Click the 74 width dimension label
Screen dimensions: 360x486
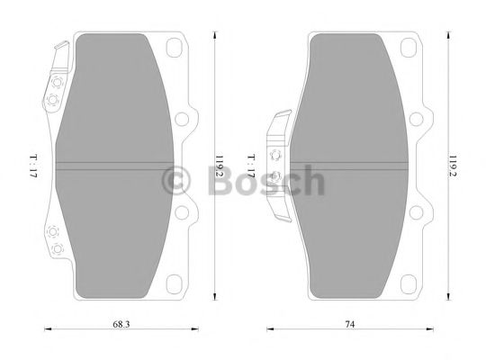click(x=347, y=324)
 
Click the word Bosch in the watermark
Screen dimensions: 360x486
click(x=265, y=181)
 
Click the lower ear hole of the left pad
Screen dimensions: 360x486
click(x=187, y=212)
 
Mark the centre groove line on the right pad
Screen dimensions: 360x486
click(x=351, y=164)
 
